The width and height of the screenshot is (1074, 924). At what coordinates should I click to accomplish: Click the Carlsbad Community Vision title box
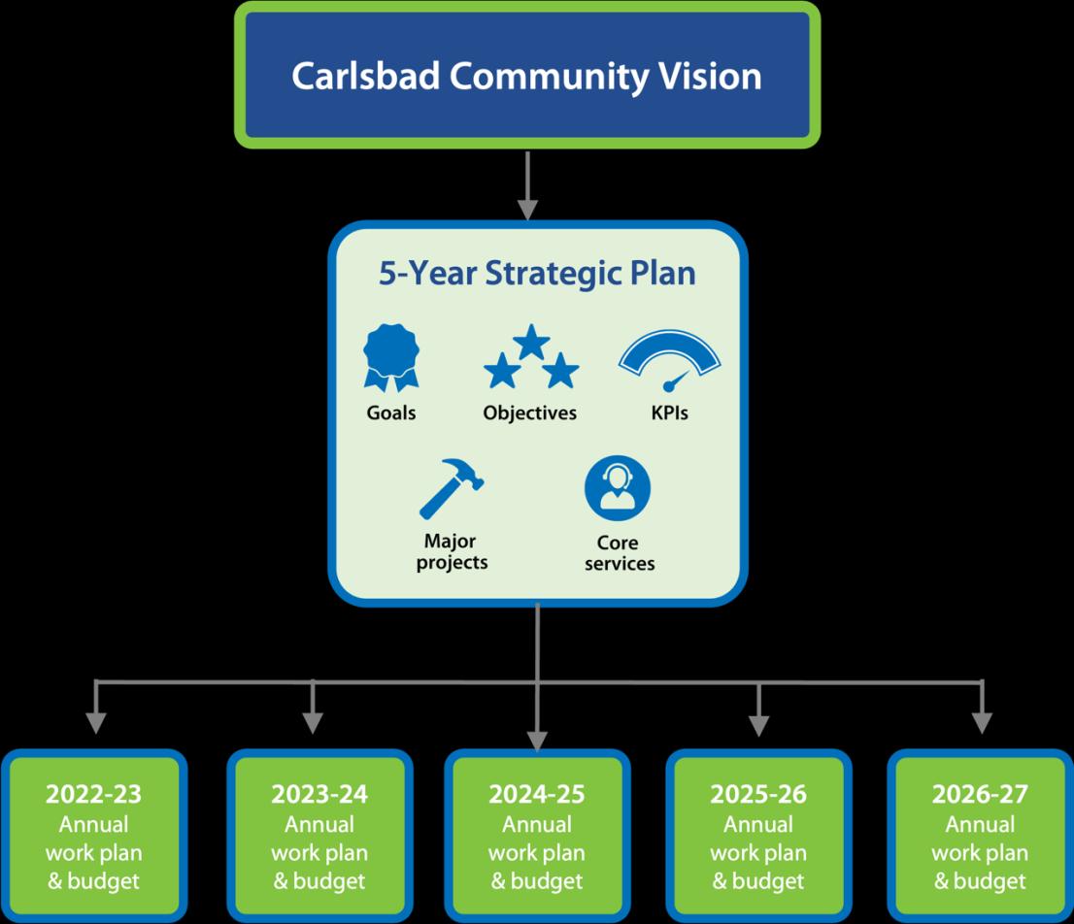coord(527,76)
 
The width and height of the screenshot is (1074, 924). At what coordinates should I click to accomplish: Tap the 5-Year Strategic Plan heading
coord(537,273)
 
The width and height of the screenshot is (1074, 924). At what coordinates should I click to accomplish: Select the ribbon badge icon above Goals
coord(391,357)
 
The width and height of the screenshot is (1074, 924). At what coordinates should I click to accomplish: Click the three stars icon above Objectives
coord(531,357)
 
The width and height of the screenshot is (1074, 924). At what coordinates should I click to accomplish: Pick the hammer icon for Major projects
coord(452,489)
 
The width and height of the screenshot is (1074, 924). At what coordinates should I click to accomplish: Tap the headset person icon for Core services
coord(618,488)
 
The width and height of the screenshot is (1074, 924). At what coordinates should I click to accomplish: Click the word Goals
coord(391,412)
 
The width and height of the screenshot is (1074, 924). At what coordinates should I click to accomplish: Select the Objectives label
coord(530,413)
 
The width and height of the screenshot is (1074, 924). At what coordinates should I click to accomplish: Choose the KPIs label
coord(670,412)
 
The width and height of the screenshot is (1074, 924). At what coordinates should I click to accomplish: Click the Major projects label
coord(453,551)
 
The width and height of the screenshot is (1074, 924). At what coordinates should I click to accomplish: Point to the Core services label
coord(620,553)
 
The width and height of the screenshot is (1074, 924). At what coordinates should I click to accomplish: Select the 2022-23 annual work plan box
coord(94,837)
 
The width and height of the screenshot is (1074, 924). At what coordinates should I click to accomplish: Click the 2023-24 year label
coord(319,794)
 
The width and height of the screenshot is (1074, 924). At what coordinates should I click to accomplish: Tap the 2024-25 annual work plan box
coord(538,837)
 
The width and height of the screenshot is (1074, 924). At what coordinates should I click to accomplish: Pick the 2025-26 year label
coord(758,794)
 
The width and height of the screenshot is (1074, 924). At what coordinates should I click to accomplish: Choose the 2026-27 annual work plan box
coord(980,837)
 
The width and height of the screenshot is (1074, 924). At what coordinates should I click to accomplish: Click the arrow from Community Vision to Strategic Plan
coord(527,185)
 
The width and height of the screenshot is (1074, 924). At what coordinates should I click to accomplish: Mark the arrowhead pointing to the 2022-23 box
coord(96,723)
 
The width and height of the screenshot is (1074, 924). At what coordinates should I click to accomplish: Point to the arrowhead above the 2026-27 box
coord(982,723)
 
